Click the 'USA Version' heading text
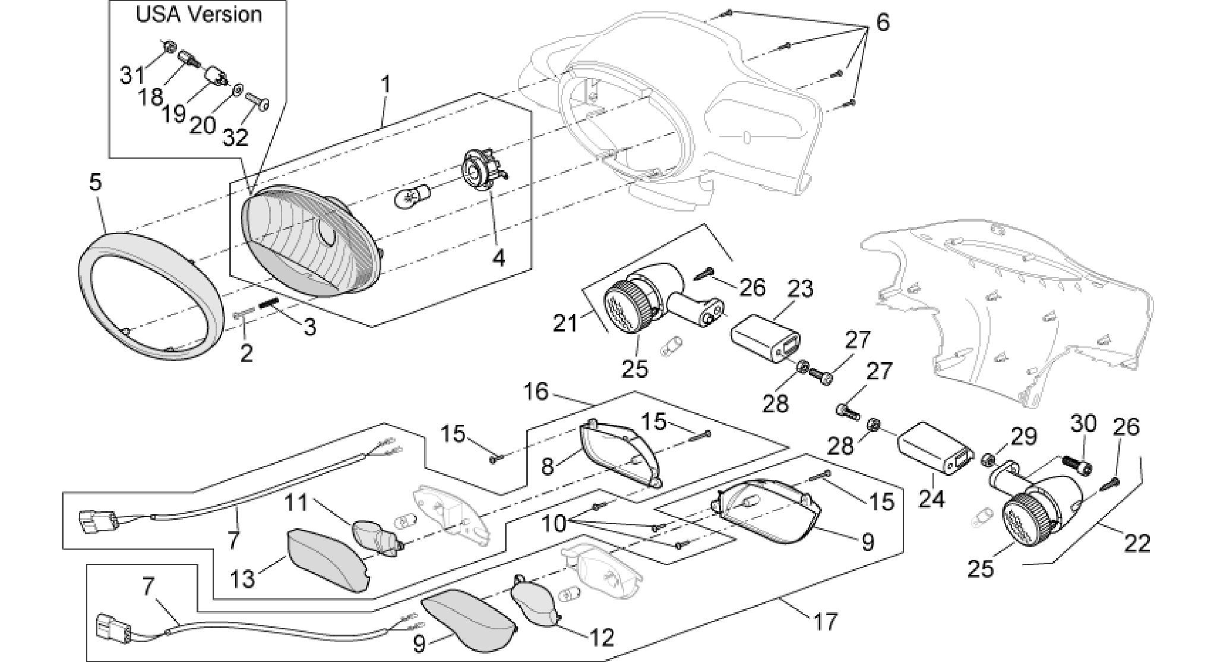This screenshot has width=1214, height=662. coord(199,14)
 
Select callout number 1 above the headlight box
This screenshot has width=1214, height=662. coord(387,85)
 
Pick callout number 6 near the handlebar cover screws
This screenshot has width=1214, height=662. coord(883,23)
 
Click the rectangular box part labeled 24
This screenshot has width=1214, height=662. coord(934,447)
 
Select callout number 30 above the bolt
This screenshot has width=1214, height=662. coord(1084,424)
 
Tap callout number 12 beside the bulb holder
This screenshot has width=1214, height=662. coord(602,638)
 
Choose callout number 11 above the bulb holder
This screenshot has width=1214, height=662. coord(296,503)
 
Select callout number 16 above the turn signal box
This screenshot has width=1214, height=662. coord(537,393)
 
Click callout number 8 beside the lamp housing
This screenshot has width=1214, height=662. coord(548,466)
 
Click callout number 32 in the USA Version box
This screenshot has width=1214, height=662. coord(236,138)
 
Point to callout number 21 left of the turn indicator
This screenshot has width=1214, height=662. coord(565,324)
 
